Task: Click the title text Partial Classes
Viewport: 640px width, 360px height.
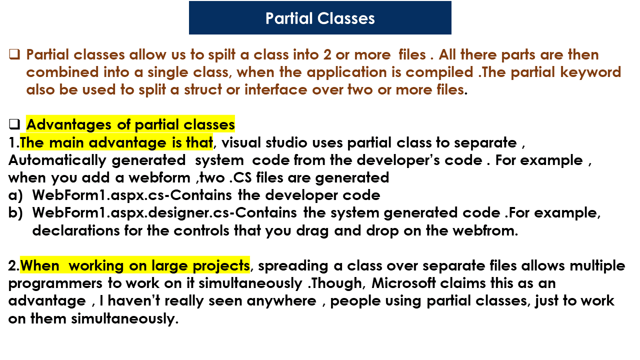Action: pos(320,18)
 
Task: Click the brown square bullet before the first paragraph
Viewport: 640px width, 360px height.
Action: pos(14,54)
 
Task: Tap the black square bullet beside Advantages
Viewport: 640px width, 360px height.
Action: pos(14,124)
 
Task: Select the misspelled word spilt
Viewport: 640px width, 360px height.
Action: pos(221,55)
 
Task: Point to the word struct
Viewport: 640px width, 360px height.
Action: pos(202,89)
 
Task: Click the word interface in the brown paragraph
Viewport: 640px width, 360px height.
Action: pos(275,89)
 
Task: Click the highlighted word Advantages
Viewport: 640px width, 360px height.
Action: pos(69,125)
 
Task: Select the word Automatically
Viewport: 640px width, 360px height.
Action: pos(57,160)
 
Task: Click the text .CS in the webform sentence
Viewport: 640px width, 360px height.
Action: pos(240,177)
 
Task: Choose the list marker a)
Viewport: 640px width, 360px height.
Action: pos(15,195)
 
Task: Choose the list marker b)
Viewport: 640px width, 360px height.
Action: pos(15,213)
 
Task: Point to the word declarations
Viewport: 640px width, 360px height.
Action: pos(75,230)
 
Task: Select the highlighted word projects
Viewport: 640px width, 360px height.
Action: pos(221,266)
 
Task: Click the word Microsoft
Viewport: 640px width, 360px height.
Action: pos(403,283)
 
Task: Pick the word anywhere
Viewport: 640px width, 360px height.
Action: pos(281,301)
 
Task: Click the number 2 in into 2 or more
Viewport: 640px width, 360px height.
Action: pos(327,55)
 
